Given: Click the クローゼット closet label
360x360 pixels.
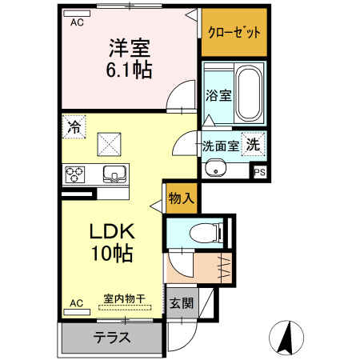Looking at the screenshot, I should tap(234, 33).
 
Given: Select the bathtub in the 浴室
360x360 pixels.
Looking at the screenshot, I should tap(250, 94).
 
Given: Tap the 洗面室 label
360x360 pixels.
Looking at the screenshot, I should tap(219, 146).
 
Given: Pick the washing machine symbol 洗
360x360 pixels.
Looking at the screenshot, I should tap(253, 145).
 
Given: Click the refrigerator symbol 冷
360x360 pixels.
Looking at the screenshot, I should tap(74, 126).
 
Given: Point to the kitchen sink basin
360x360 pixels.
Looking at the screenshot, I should tap(113, 174).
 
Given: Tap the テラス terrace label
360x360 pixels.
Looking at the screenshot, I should tap(111, 337).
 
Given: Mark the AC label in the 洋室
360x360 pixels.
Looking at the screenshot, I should tap(77, 22).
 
